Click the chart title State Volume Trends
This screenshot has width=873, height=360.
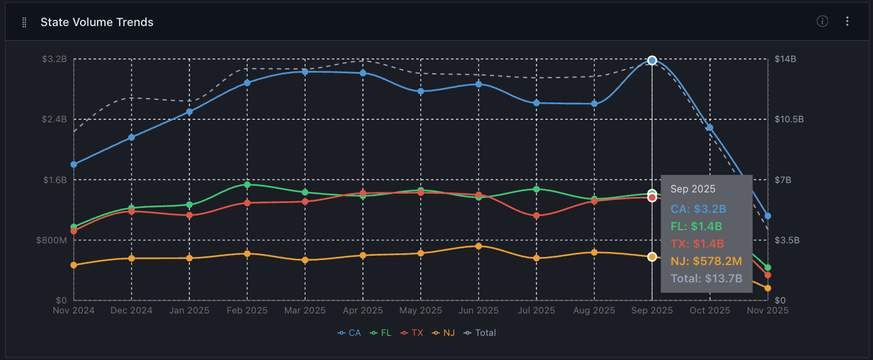tap(97, 22)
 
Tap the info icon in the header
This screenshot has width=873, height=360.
tap(823, 22)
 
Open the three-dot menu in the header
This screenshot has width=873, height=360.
tap(848, 22)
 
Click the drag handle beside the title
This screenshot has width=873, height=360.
tap(24, 22)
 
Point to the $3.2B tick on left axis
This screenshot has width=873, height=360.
tap(54, 59)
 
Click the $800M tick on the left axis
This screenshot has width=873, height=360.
tap(54, 240)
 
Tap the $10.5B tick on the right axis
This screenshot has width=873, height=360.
tap(789, 119)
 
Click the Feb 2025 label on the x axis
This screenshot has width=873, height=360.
tap(247, 310)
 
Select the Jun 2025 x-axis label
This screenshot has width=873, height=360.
tap(479, 310)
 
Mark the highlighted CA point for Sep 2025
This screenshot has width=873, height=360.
tap(652, 60)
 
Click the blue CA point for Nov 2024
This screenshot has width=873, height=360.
tap(74, 164)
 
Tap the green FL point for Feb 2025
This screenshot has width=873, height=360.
tap(247, 184)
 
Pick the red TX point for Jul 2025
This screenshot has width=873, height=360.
tap(536, 215)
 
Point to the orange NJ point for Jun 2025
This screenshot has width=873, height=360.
tap(479, 246)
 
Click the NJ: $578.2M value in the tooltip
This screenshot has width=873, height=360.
tap(706, 261)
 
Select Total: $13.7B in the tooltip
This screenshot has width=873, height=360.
tap(707, 279)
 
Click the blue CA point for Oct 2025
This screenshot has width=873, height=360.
tap(710, 128)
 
